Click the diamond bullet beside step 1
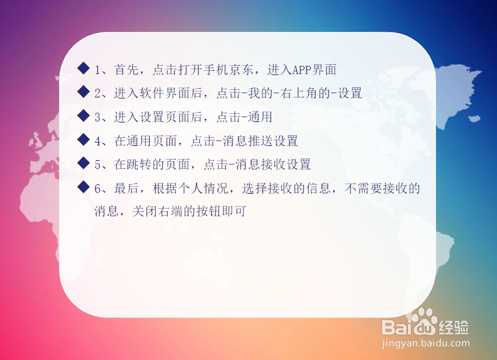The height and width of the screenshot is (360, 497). [x=83, y=68]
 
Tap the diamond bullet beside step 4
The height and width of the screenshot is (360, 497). [x=83, y=139]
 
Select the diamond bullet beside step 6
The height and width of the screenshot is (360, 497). [x=83, y=187]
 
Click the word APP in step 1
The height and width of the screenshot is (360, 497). [x=302, y=70]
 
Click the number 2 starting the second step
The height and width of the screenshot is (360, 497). [x=97, y=94]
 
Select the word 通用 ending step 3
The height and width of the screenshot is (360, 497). [x=260, y=117]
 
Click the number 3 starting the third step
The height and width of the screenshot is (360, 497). [x=97, y=117]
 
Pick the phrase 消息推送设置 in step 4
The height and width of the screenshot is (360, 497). [x=260, y=141]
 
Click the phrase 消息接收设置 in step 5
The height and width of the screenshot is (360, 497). [x=273, y=164]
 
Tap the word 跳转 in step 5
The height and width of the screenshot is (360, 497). [x=139, y=164]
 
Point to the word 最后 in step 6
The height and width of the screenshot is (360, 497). [x=126, y=188]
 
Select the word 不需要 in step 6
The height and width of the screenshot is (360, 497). [x=363, y=188]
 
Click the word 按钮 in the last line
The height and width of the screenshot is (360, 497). [x=208, y=211]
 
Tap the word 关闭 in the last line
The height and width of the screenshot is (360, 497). [x=145, y=211]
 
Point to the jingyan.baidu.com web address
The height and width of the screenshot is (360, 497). [x=426, y=343]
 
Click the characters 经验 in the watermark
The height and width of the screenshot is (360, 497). [x=453, y=327]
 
